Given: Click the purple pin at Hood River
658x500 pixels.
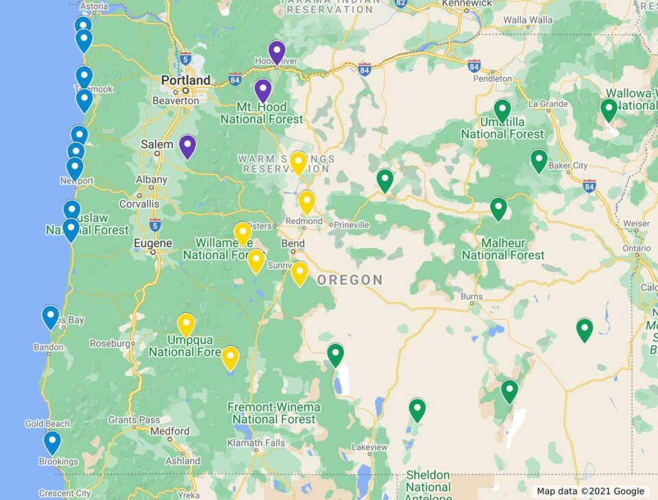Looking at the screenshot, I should coord(277,51).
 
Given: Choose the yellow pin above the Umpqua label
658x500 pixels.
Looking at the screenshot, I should coord(186,324).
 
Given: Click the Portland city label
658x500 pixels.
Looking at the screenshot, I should coord(186,80).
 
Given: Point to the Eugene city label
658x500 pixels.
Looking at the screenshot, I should coord(153,243).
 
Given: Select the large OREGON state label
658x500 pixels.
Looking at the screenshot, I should coord(350,279).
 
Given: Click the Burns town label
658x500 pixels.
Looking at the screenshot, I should coord(472,297).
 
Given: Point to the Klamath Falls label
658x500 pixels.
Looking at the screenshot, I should coord(256,443).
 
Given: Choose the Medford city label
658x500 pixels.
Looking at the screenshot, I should coord(169,432).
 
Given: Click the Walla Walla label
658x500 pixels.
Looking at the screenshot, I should coord(528,20).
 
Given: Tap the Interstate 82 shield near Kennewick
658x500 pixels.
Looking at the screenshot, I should coord(401,3).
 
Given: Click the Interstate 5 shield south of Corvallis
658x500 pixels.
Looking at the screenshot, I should coord(155,224).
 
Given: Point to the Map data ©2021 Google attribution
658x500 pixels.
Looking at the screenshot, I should coord(590,491).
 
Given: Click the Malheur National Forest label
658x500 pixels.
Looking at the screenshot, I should coord(503,249).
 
